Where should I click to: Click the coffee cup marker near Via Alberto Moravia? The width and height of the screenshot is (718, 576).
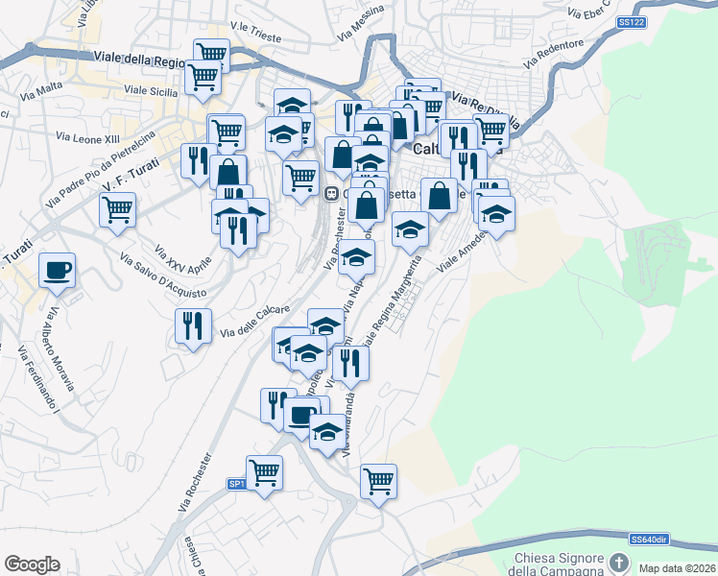pyautogui.click(x=57, y=269)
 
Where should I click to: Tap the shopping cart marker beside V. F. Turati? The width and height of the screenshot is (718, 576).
pyautogui.click(x=117, y=208)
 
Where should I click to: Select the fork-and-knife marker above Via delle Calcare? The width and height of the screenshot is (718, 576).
pyautogui.click(x=194, y=326)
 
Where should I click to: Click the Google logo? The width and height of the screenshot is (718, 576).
pyautogui.click(x=32, y=564)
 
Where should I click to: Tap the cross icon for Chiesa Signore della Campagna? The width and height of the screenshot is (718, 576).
pyautogui.click(x=619, y=561)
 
